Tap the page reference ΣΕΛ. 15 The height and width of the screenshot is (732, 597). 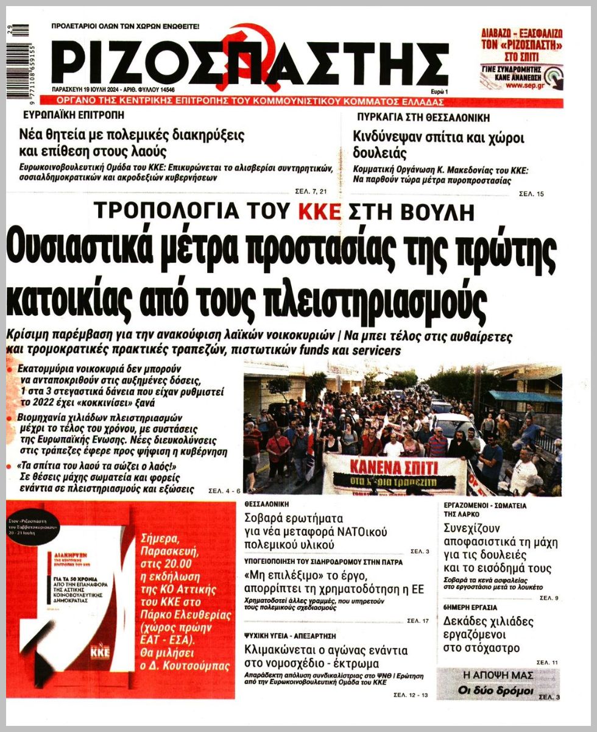[531, 194]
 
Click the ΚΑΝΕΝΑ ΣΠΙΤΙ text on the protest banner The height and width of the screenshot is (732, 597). [394, 468]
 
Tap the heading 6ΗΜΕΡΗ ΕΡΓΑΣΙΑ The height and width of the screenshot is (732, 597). [470, 607]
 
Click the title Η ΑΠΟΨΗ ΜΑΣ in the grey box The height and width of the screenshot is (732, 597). [498, 676]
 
